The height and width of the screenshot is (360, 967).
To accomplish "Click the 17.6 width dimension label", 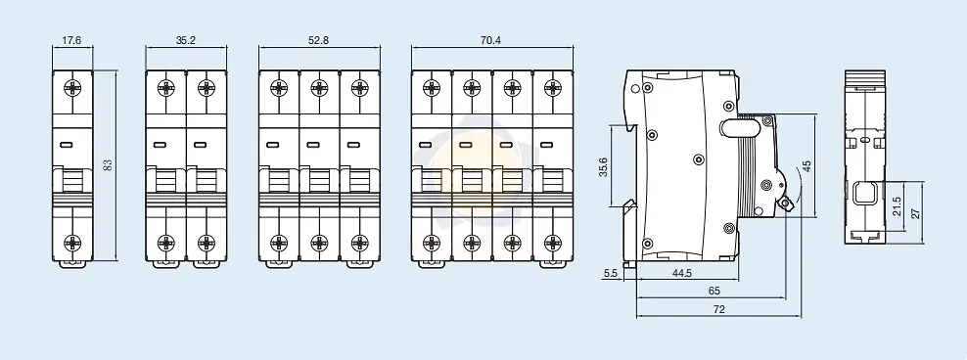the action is click(71, 41).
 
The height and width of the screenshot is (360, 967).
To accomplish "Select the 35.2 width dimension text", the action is click(186, 41).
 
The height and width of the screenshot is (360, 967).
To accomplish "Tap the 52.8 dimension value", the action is click(319, 41).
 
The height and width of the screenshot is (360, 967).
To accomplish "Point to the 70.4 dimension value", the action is click(491, 41).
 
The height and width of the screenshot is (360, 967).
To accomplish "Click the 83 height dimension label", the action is click(108, 165).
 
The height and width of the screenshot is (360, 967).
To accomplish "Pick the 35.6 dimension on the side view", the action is click(604, 166).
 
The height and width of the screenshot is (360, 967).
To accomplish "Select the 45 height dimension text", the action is click(806, 166).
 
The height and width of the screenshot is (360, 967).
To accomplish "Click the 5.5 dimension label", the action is click(611, 273).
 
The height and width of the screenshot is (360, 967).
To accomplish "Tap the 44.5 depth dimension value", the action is click(681, 273).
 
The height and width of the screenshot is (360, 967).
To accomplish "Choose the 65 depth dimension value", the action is click(714, 291).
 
